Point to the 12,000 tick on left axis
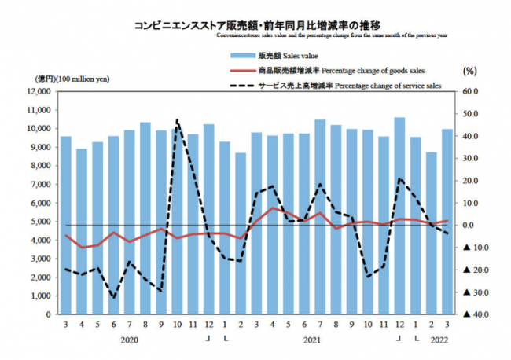[x=36, y=91]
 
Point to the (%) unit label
[x=471, y=70]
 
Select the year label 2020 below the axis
[x=131, y=340]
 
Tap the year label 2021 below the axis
[x=311, y=340]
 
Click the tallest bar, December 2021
[x=399, y=216]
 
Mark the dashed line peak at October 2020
[x=178, y=120]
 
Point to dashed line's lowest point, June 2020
[x=114, y=297]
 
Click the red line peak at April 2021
[x=273, y=208]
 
